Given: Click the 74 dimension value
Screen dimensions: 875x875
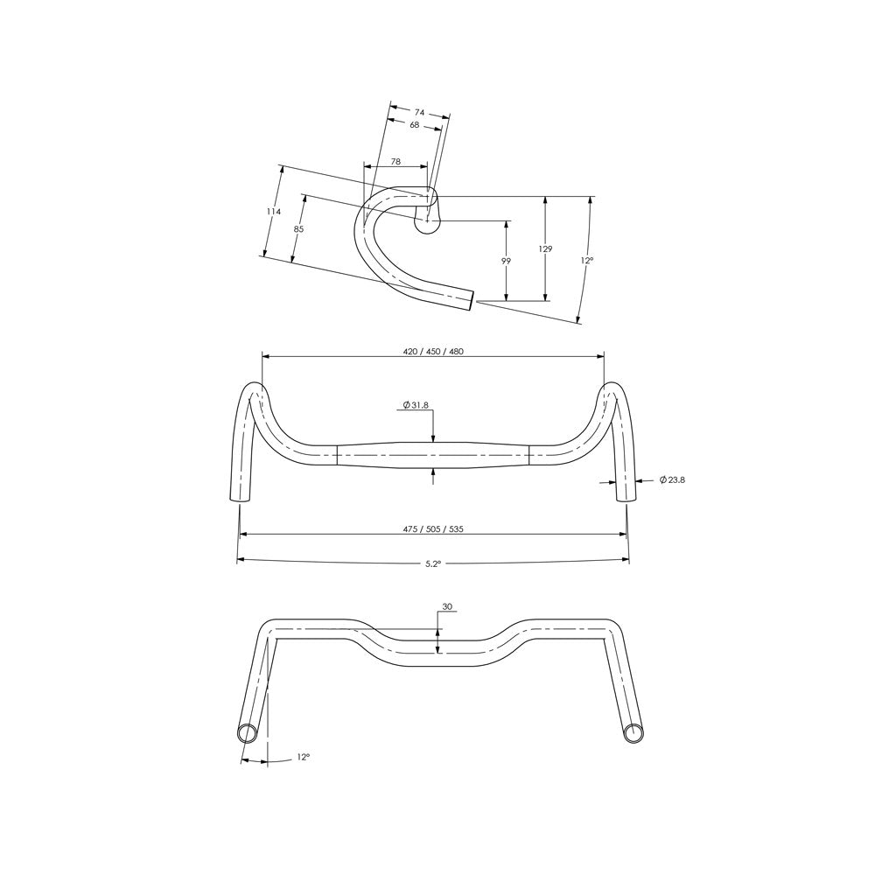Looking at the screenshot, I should coord(419,113).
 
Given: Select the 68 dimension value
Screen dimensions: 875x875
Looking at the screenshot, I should coord(415,125).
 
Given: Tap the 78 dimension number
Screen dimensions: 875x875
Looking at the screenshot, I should coord(395,162).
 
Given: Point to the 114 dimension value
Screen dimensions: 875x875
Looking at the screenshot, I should coord(274,212).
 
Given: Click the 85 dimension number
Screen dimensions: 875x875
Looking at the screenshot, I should coord(298,228).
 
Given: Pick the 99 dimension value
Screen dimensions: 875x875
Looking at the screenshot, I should coord(507,261).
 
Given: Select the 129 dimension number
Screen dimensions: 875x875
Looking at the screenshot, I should coord(545,249).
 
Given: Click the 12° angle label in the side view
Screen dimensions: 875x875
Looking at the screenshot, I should coord(587,261).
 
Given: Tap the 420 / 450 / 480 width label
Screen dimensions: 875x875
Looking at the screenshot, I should coord(433,352).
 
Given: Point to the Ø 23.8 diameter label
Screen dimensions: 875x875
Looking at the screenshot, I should coord(672,479).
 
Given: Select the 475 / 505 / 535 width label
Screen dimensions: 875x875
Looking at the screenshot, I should coord(433,529).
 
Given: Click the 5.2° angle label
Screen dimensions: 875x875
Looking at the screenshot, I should coord(432,564).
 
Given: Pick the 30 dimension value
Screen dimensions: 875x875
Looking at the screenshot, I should coord(447,606).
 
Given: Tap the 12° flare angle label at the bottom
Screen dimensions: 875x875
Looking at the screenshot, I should coord(303,757).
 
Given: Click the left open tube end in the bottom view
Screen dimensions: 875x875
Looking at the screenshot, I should coord(247,732).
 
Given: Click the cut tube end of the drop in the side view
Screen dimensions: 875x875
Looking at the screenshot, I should coord(473,300).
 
